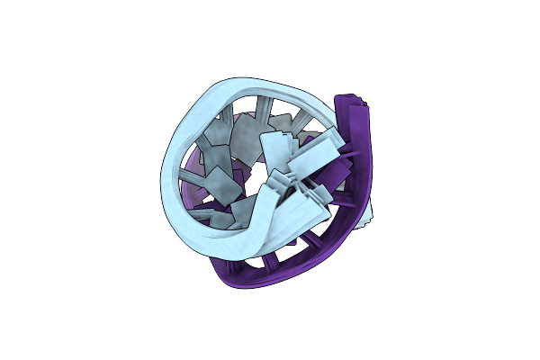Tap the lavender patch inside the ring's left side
192,180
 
